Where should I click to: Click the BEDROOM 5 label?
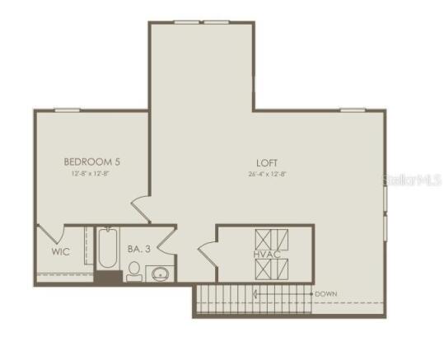(x=92, y=162)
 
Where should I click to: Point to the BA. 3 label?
(x=138, y=248)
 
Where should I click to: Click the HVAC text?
(x=268, y=255)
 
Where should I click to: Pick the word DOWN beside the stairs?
(x=325, y=293)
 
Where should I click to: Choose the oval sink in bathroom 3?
(x=160, y=274)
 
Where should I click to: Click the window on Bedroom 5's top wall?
(x=67, y=110)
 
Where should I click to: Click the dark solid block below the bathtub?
(x=108, y=278)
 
